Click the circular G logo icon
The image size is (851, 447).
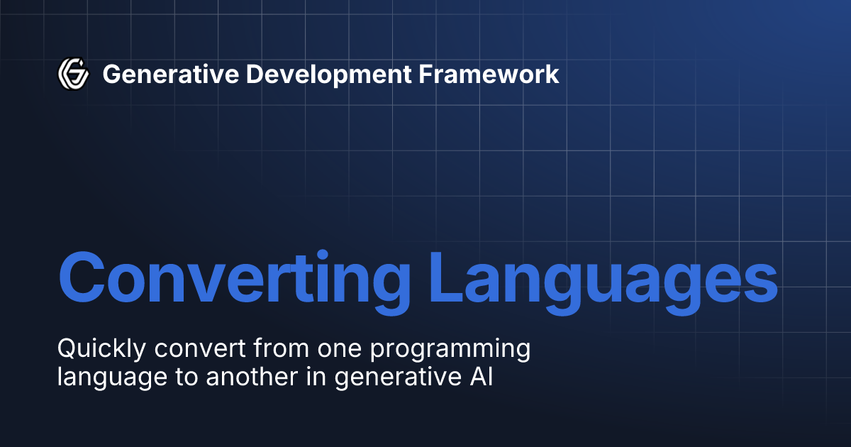[x=73, y=73]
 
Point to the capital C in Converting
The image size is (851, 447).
[x=84, y=275]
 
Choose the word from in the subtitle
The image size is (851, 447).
[x=260, y=349]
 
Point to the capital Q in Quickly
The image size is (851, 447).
[x=66, y=349]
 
